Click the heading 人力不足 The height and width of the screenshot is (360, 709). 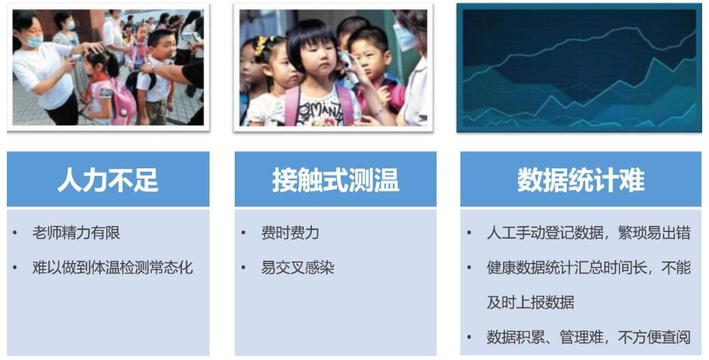pyautogui.click(x=108, y=179)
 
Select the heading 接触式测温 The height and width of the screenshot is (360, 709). pyautogui.click(x=335, y=179)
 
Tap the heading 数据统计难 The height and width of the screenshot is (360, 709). pyautogui.click(x=581, y=179)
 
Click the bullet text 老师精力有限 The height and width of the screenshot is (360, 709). pyautogui.click(x=76, y=233)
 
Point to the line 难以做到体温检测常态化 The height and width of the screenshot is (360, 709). pyautogui.click(x=113, y=268)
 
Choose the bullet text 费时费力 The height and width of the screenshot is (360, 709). pyautogui.click(x=290, y=233)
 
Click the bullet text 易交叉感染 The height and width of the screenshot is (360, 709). pyautogui.click(x=298, y=268)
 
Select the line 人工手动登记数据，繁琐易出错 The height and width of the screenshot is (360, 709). pyautogui.click(x=589, y=233)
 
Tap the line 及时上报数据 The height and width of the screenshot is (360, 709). pyautogui.click(x=530, y=302)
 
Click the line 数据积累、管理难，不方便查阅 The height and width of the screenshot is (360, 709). pyautogui.click(x=589, y=337)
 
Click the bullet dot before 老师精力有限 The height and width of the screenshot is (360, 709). pyautogui.click(x=15, y=233)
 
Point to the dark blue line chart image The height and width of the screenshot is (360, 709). pyautogui.click(x=579, y=68)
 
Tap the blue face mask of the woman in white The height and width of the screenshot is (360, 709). pyautogui.click(x=34, y=41)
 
